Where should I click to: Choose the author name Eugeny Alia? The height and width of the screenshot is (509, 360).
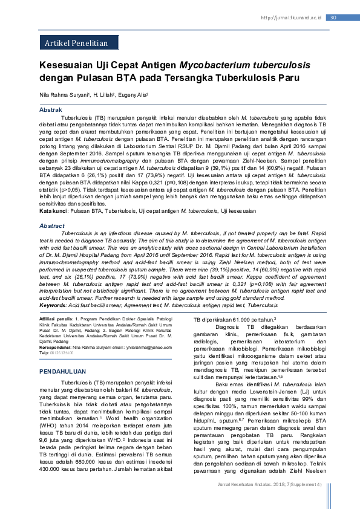133,96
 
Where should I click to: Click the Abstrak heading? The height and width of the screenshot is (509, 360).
51,109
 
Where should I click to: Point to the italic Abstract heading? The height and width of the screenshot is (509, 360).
52,225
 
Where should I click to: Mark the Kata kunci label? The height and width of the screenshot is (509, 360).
54,210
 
